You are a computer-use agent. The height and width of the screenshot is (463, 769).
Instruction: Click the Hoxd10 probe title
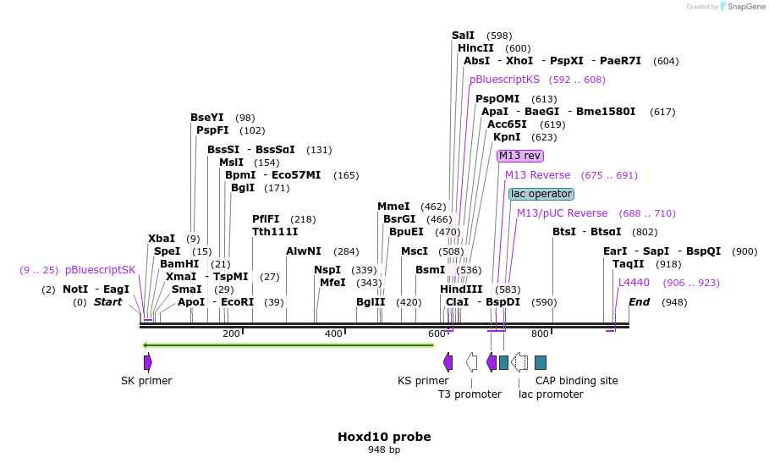(x=384, y=437)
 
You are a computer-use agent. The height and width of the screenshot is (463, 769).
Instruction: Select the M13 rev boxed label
(x=519, y=156)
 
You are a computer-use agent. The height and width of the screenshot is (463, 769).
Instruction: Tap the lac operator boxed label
(x=541, y=194)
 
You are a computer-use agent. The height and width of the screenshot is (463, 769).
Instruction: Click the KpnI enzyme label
(x=507, y=136)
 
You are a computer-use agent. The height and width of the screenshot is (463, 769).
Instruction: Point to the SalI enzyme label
(x=463, y=36)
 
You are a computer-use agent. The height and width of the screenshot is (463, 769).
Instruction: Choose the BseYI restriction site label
(x=206, y=118)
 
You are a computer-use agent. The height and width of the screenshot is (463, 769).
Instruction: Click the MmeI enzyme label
(x=393, y=207)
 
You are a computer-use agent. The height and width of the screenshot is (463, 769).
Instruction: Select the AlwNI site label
(x=304, y=251)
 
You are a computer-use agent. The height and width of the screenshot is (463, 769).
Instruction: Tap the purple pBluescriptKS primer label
(x=504, y=80)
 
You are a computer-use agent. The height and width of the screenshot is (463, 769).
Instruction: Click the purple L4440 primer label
(x=634, y=283)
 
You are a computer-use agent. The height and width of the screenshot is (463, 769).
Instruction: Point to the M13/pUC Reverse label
(x=562, y=213)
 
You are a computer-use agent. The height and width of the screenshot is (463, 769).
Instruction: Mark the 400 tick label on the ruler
(x=333, y=334)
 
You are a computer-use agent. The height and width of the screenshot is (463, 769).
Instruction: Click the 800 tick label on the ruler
(x=540, y=334)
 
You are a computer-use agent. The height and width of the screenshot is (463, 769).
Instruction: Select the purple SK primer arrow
(x=148, y=362)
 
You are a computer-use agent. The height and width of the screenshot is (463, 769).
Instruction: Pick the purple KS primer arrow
(x=448, y=362)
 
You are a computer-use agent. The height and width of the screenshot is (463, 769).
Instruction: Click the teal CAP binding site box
(x=541, y=362)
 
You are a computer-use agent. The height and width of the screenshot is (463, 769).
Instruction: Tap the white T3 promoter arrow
(x=471, y=362)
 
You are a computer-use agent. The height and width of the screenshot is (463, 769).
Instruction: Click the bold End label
(x=639, y=302)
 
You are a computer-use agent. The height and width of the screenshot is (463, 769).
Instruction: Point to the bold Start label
(x=107, y=302)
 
